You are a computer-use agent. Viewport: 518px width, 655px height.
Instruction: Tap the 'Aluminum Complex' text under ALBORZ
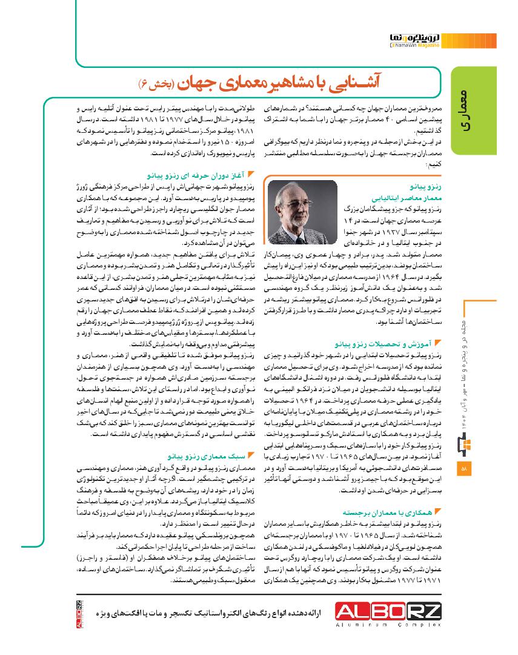[x=390, y=630]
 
